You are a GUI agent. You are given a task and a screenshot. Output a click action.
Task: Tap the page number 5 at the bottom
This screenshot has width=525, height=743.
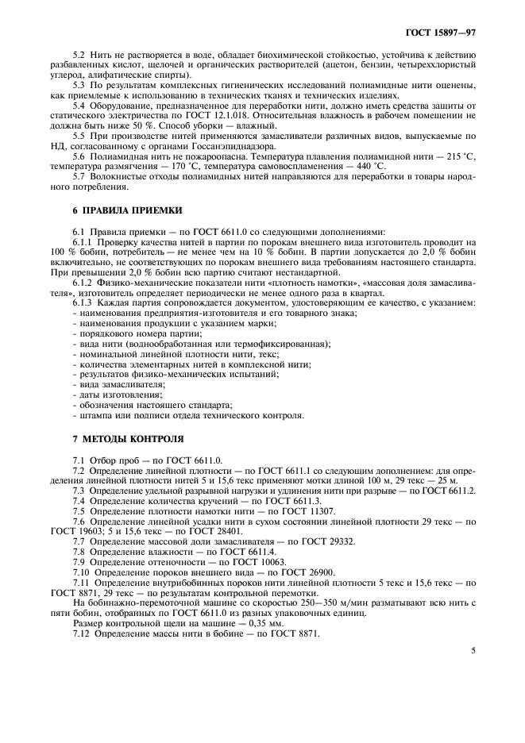click(x=473, y=650)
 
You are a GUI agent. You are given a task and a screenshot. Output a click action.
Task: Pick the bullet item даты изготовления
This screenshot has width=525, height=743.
click(x=120, y=395)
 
